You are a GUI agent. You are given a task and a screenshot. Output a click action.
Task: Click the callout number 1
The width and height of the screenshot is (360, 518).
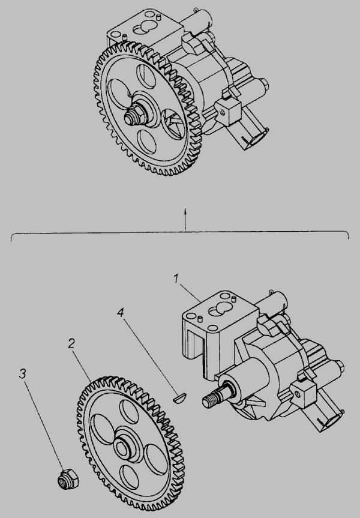(x=176, y=279)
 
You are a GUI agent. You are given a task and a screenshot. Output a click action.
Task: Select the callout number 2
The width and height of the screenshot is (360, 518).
(x=71, y=343)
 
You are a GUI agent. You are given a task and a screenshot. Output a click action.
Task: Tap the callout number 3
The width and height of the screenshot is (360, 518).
(x=22, y=374)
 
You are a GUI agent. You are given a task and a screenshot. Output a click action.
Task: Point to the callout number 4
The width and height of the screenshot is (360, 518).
(x=121, y=312)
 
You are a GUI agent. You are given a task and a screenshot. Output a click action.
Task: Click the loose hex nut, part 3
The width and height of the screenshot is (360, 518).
(x=68, y=479)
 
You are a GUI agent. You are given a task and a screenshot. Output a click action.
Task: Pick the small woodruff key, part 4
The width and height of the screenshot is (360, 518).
(x=179, y=397)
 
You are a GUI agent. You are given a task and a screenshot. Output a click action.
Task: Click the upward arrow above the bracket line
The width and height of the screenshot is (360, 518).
(x=185, y=220)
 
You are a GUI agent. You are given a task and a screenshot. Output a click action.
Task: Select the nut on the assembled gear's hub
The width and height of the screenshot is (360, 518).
(x=134, y=116)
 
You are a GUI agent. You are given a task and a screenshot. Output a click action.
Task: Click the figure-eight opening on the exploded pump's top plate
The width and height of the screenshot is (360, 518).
(x=218, y=310)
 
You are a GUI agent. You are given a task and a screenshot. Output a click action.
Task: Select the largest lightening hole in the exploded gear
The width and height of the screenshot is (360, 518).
(x=103, y=429)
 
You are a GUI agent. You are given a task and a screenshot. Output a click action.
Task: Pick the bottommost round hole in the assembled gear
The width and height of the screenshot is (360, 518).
(x=146, y=141)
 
